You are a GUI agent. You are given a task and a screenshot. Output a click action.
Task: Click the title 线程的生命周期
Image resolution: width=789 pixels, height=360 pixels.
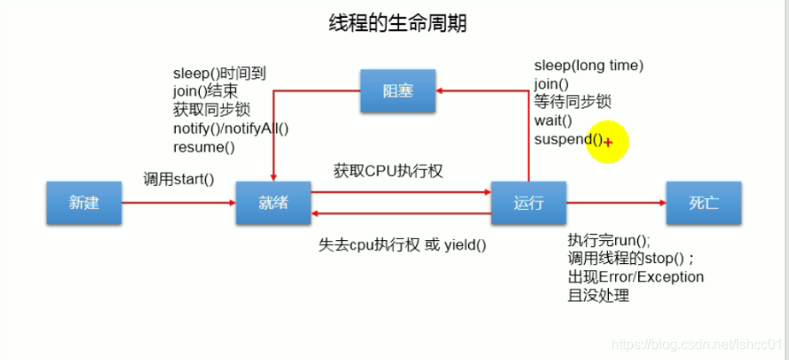pos(398,23)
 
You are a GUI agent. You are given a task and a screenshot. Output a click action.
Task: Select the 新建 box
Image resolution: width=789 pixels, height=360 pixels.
pos(84,203)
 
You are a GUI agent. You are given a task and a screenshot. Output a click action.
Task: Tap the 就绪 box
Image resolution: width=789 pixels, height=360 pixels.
pos(273,203)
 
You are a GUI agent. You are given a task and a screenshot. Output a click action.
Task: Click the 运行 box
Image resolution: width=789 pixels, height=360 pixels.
pos(528,203)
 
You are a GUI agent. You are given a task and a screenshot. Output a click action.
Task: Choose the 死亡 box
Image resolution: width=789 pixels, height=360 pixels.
pos(703,203)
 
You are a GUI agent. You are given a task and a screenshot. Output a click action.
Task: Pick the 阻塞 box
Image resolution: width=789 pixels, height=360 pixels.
pos(397,91)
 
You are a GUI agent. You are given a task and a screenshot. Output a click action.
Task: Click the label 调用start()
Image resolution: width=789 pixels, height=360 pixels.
pos(178,179)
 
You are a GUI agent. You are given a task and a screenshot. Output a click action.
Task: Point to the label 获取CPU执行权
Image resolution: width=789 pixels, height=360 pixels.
pos(388,171)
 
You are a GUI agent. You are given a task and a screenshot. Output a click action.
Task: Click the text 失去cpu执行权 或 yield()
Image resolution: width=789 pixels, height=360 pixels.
pos(402,244)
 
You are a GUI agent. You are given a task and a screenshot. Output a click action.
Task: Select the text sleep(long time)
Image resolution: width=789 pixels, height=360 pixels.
pos(588,65)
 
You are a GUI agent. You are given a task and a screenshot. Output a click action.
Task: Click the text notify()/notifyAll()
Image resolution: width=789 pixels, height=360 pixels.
pos(231,129)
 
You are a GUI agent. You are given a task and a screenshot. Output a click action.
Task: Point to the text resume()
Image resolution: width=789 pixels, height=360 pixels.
pos(203,147)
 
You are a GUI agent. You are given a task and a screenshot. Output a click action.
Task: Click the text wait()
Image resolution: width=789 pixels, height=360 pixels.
pos(553,121)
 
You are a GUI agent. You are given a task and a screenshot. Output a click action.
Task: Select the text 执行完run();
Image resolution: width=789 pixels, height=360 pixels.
pos(609,240)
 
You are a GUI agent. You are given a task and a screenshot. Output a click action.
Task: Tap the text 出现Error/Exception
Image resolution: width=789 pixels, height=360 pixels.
pos(635,277)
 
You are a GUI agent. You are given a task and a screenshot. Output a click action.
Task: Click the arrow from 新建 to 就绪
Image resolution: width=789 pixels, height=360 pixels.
pos(178,203)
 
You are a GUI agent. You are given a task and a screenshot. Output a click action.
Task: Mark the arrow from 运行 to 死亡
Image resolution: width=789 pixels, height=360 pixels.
pos(616,203)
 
